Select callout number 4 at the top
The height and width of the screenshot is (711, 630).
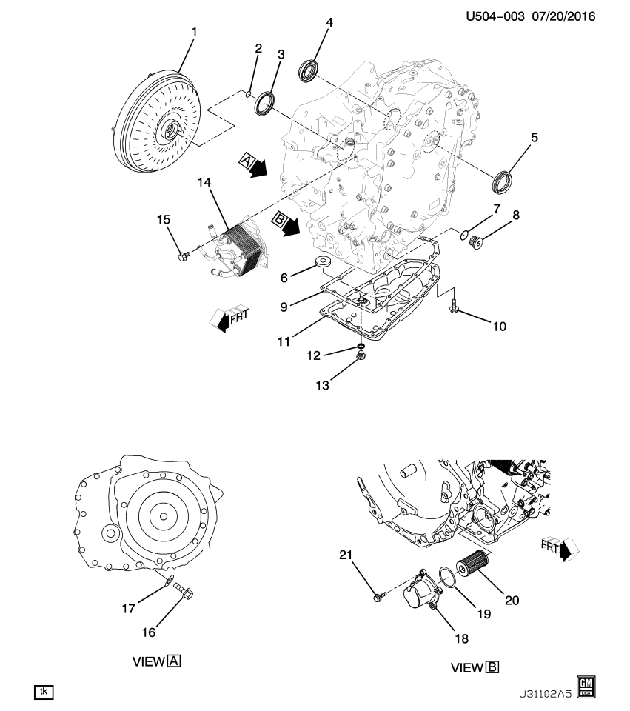pyautogui.click(x=329, y=23)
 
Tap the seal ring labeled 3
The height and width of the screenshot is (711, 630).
pyautogui.click(x=264, y=104)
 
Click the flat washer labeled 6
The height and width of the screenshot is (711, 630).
pyautogui.click(x=323, y=262)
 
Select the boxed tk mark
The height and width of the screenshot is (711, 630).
pyautogui.click(x=44, y=691)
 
